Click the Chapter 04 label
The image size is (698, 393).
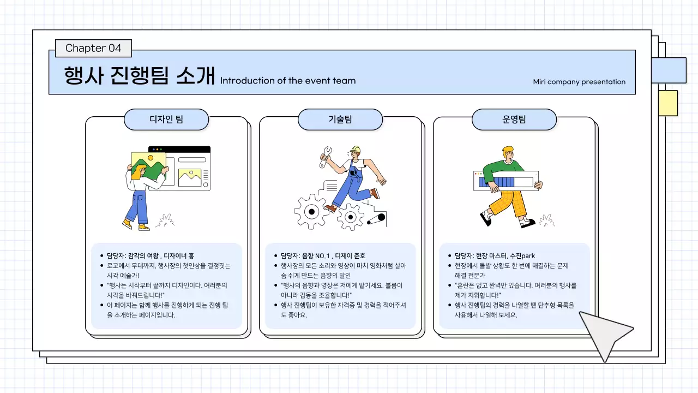click(93, 48)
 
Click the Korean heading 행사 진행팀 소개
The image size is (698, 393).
click(140, 76)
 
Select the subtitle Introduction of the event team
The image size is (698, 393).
click(287, 81)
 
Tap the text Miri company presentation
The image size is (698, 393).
click(579, 82)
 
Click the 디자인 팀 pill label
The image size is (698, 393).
click(166, 120)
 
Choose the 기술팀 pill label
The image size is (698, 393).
click(340, 120)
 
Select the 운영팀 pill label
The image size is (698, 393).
click(514, 120)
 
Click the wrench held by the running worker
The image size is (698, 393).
click(326, 156)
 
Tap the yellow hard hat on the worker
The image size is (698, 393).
click(356, 149)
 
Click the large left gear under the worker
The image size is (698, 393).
click(311, 211)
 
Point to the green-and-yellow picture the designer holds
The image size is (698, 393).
click(148, 165)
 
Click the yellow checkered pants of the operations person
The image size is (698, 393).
click(510, 202)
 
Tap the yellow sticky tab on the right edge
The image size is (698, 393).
click(668, 103)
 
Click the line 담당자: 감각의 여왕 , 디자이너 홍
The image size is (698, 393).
click(150, 255)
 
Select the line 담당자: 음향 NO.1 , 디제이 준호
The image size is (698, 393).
click(323, 255)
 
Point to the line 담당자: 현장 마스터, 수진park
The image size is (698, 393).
click(495, 255)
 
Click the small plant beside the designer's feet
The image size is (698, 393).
click(164, 221)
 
